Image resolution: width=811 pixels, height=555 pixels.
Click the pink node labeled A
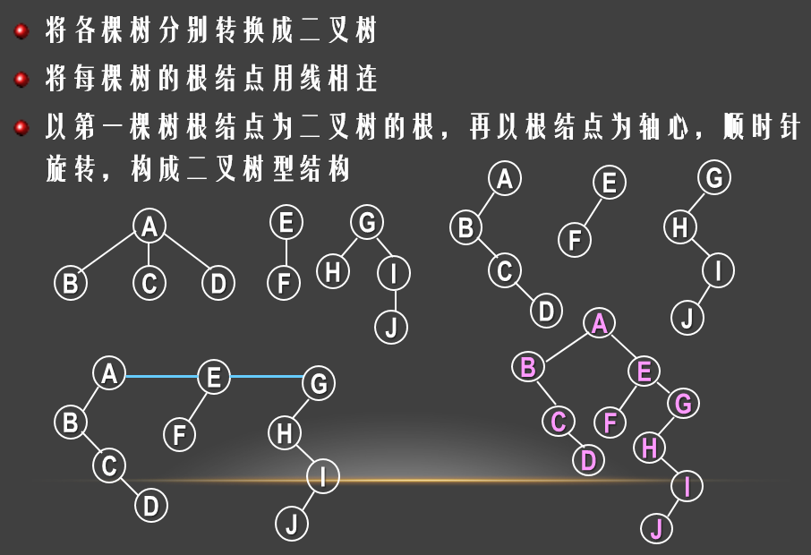click(x=600, y=324)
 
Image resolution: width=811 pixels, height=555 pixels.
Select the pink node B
click(x=528, y=366)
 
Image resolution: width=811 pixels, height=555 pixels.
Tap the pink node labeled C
click(x=559, y=421)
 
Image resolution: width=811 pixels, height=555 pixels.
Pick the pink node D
click(x=588, y=460)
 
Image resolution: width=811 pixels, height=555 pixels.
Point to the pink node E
click(x=644, y=371)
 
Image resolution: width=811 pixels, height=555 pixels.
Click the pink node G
click(x=683, y=404)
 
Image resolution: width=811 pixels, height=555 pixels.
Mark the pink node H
click(x=650, y=447)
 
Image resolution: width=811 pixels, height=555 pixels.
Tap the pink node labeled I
click(x=687, y=486)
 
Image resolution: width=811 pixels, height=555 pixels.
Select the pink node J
click(x=656, y=527)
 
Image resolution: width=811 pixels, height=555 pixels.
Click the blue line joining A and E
click(x=160, y=377)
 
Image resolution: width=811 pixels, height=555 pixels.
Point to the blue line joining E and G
click(x=266, y=377)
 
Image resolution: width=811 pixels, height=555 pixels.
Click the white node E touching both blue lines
click(x=213, y=377)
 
